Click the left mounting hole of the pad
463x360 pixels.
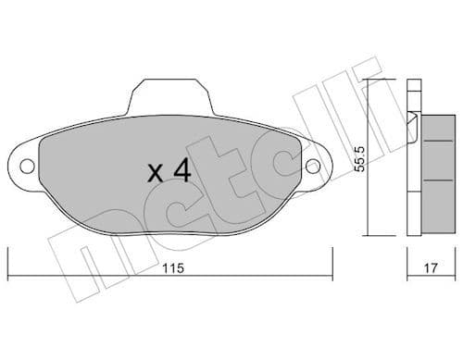click(28, 167)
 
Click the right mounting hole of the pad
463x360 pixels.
click(314, 167)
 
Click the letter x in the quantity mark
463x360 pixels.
click(155, 173)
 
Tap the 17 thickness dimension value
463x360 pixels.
click(430, 268)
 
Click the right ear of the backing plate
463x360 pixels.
click(317, 167)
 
